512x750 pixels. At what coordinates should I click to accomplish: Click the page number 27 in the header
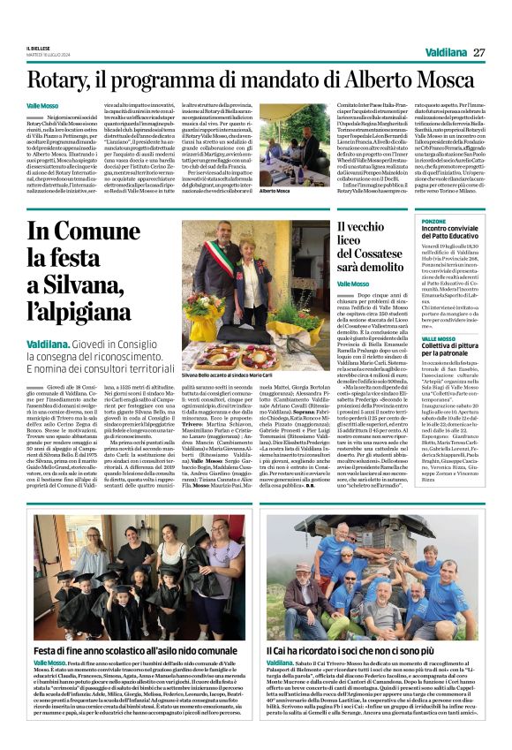click(479, 52)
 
